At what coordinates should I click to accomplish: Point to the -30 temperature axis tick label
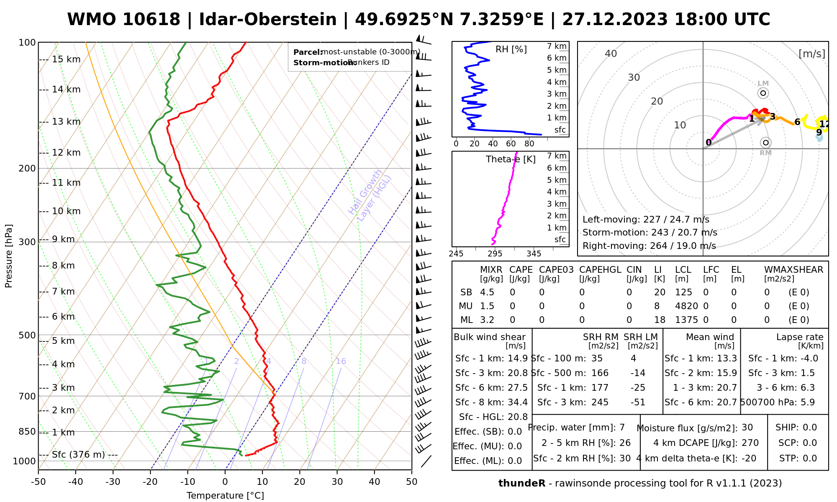(x=113, y=482)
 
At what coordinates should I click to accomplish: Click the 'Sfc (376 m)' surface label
(x=78, y=455)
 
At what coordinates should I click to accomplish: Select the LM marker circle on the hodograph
(x=763, y=93)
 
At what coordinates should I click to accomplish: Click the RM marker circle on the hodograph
(x=766, y=143)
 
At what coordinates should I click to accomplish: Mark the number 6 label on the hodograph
(x=797, y=122)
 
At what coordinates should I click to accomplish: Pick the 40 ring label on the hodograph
(x=611, y=54)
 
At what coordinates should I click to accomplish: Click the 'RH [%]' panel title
(x=511, y=49)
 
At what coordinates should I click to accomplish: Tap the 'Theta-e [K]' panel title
(x=511, y=159)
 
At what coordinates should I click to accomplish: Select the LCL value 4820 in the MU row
(x=686, y=306)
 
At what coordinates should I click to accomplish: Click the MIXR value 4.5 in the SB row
(x=488, y=292)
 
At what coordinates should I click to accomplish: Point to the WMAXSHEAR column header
(x=793, y=270)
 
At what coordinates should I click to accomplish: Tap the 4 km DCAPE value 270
(x=750, y=443)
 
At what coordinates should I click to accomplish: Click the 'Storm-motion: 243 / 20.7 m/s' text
(x=650, y=233)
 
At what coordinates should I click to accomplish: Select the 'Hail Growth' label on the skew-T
(x=365, y=192)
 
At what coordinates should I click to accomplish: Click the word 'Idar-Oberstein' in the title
(x=268, y=20)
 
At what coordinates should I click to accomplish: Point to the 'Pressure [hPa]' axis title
(x=9, y=256)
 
